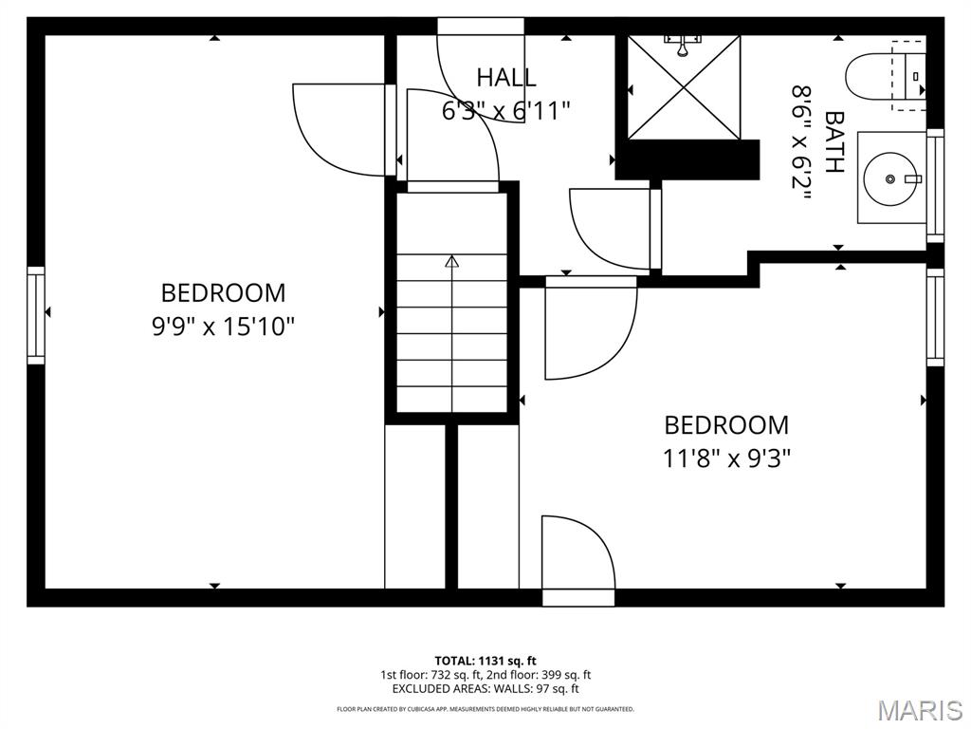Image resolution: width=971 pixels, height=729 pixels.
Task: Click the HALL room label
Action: [x=505, y=78]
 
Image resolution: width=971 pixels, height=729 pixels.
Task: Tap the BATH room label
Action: [x=834, y=142]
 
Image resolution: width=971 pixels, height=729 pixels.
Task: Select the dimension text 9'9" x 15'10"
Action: [x=223, y=327]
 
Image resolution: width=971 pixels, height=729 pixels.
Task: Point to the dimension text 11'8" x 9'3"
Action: [x=726, y=458]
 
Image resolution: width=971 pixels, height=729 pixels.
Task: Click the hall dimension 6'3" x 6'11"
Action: [x=505, y=111]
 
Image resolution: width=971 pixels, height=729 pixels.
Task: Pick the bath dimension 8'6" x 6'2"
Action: [x=802, y=142]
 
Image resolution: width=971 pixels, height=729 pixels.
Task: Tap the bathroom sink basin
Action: [x=891, y=178]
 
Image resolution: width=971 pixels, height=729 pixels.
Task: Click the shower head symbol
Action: [x=682, y=44]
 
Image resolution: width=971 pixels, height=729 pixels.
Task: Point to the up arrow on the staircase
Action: [x=452, y=261]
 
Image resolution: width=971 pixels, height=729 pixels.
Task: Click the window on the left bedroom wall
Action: [x=36, y=314]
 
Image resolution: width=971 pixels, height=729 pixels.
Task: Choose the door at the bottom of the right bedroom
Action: [x=578, y=560]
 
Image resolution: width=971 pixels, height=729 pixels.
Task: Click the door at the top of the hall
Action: [x=481, y=71]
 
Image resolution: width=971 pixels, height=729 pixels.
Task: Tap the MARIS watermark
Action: [x=919, y=709]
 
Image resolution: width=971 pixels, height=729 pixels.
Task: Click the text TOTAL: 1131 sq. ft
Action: [x=485, y=661]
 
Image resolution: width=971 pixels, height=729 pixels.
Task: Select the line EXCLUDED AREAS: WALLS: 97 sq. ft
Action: [x=485, y=689]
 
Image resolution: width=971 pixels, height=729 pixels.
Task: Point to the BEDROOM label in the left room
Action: [x=223, y=293]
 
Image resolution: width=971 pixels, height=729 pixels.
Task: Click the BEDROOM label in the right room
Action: [x=726, y=425]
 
